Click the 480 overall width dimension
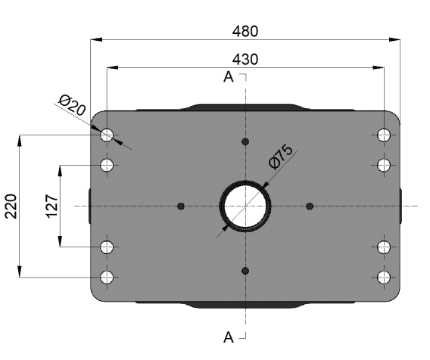tap(245, 31)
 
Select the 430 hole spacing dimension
tap(245, 60)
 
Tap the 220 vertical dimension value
tap(11, 206)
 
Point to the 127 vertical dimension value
tap(51, 206)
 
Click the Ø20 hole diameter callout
tap(72, 105)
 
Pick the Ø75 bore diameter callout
tap(281, 157)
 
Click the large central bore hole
tap(245, 206)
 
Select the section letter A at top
tap(229, 77)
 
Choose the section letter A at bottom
tap(229, 337)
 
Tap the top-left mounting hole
tap(107, 135)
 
